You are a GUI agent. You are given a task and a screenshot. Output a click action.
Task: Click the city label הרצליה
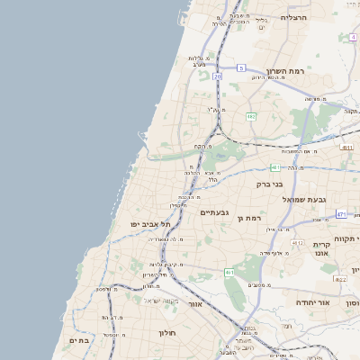pyautogui.click(x=294, y=17)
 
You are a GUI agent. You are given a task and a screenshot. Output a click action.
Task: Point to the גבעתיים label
pyautogui.click(x=217, y=212)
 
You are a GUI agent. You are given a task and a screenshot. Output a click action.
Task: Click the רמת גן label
pyautogui.click(x=247, y=218)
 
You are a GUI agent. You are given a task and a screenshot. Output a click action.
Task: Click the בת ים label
pyautogui.click(x=79, y=340)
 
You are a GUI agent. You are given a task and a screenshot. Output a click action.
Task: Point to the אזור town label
pyautogui.click(x=194, y=304)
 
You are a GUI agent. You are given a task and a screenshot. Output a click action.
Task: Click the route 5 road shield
pyautogui.click(x=241, y=67)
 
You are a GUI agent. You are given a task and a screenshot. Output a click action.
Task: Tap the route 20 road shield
pyautogui.click(x=218, y=76)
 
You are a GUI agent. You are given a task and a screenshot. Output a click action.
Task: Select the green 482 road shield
pyautogui.click(x=251, y=116)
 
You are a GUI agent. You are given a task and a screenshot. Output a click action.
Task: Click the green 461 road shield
pyautogui.click(x=230, y=272)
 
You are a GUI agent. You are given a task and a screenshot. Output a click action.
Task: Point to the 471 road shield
pyautogui.click(x=341, y=214)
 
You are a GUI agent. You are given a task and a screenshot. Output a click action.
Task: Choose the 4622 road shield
pyautogui.click(x=340, y=280)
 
